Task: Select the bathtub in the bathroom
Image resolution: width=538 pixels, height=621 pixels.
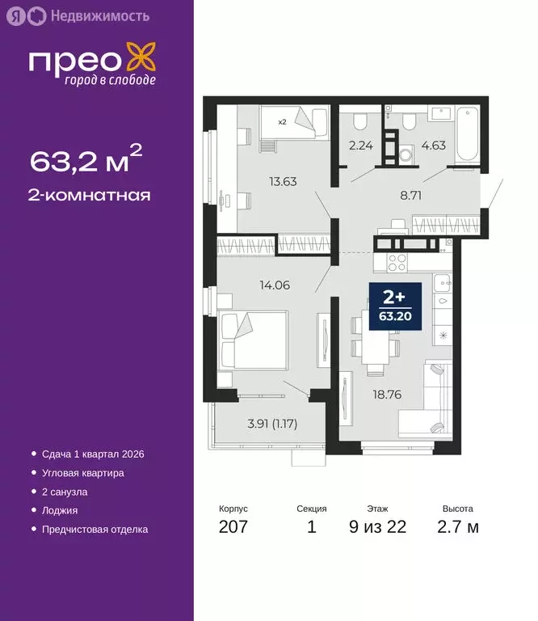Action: [x=469, y=134]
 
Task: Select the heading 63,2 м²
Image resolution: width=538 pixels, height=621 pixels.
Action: [x=86, y=159]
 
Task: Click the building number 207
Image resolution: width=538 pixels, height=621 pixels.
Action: [x=233, y=528]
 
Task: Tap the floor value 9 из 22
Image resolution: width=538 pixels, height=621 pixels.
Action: [x=377, y=528]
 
